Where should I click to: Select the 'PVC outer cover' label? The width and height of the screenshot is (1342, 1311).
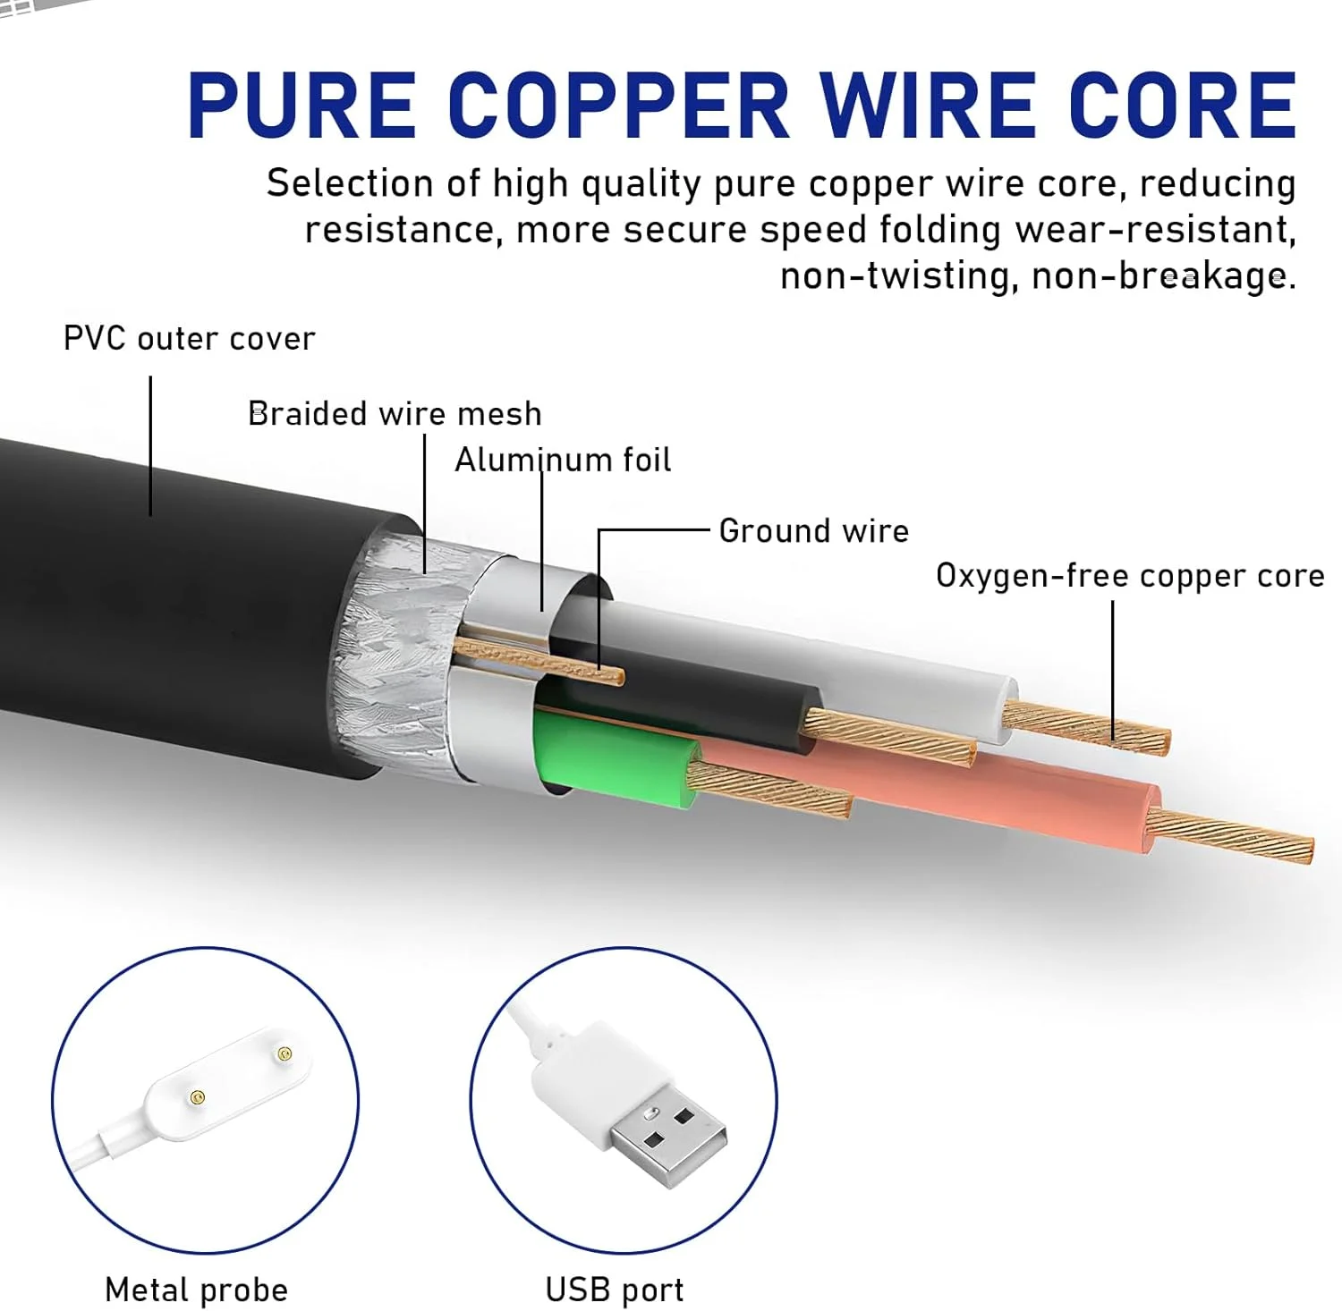(x=189, y=339)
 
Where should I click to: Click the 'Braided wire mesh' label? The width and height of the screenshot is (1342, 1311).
(x=395, y=414)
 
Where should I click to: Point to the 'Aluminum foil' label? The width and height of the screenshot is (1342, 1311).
(x=563, y=460)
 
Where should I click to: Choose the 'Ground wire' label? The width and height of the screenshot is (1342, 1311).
(x=813, y=531)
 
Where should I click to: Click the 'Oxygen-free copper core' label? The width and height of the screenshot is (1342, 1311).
(x=1130, y=576)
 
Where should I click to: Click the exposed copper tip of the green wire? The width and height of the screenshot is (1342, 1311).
(x=769, y=790)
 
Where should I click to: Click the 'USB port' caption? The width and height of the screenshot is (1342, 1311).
(x=615, y=1290)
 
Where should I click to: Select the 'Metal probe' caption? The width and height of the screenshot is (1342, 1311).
(x=197, y=1290)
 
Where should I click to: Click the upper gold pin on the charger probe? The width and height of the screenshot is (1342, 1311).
(x=285, y=1054)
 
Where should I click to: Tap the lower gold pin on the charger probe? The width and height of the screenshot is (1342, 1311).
(x=198, y=1097)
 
